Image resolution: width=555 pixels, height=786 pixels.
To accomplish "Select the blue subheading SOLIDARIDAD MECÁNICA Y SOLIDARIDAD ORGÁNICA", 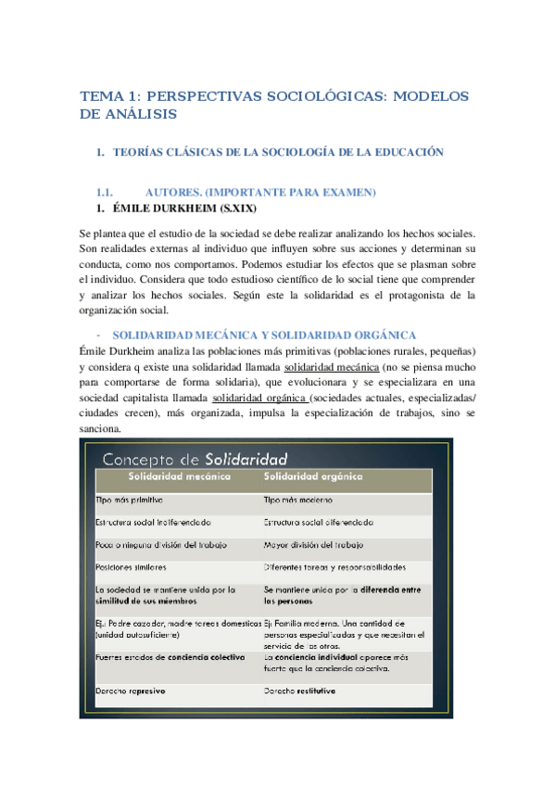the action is pos(264,335).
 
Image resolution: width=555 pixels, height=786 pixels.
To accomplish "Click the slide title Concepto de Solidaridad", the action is pos(194,459).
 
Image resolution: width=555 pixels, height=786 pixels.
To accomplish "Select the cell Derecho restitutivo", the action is pos(300,691).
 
